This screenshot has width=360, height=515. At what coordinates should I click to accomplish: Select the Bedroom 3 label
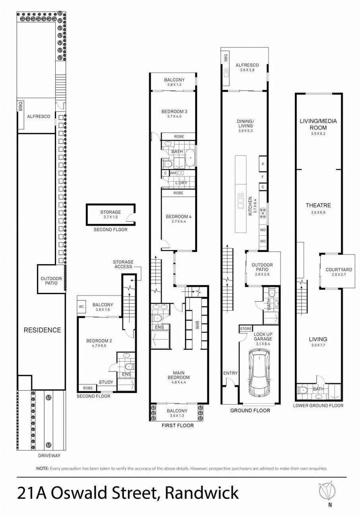coord(174,111)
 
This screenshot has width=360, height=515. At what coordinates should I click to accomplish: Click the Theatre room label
coord(318,205)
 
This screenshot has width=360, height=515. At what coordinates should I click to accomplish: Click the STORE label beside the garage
coord(246,329)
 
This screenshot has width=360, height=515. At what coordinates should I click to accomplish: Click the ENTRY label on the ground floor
coord(230,373)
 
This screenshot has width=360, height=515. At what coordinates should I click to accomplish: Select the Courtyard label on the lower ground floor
coord(339,269)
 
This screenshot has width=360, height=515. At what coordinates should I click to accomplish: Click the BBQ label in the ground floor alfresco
coord(225,58)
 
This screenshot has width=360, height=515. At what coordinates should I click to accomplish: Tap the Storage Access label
coord(123,264)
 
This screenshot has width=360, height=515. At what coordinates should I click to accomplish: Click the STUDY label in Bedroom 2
coord(106,382)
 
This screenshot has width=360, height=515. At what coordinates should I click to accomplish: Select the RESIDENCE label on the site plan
coord(42,330)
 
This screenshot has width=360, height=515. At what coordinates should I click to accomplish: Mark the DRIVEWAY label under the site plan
coord(49,455)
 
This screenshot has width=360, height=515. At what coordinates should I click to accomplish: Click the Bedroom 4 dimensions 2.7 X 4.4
coord(179,221)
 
